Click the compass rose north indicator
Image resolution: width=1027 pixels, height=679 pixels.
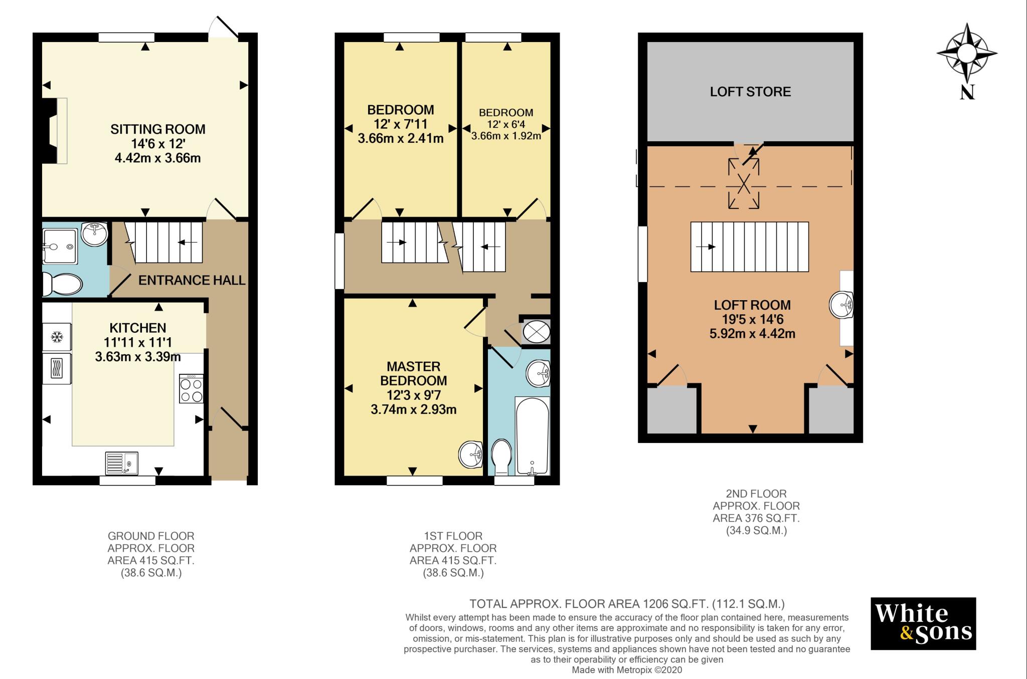967,60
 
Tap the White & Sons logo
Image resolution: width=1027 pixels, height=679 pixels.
923,623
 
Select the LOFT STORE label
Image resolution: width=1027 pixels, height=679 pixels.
750,92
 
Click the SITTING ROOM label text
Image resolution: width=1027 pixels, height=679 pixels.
158,129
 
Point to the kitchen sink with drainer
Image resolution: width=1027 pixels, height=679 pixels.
122,463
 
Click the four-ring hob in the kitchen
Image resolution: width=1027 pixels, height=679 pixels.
192,389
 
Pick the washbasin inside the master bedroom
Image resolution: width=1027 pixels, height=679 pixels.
471,454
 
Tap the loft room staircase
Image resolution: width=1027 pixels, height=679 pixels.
750,247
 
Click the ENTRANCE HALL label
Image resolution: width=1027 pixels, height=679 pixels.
192,281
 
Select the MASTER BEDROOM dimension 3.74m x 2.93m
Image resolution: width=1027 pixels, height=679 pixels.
414,410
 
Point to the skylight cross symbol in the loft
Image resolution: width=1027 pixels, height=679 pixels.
744,183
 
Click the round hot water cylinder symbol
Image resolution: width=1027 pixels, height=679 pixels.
536,331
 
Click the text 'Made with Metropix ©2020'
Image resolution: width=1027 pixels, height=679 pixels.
627,670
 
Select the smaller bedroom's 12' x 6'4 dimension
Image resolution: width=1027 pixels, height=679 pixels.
506,124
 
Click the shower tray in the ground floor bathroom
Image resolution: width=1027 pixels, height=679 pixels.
61,246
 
